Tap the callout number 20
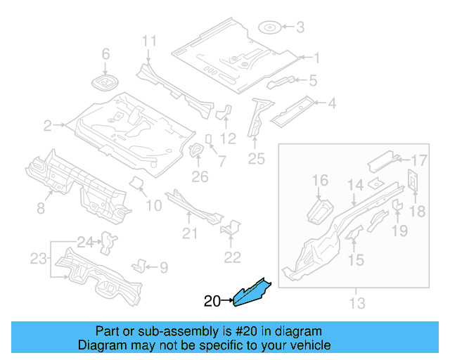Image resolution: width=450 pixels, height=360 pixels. (x=212, y=302)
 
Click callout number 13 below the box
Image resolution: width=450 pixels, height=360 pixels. (x=357, y=303)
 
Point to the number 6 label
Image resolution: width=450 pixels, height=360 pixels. (x=106, y=54)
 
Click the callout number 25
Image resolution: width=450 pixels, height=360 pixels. (x=256, y=159)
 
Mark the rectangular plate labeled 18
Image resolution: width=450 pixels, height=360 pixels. (x=413, y=180)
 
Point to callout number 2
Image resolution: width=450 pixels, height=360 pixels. (x=48, y=127)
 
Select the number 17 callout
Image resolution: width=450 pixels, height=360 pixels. (x=419, y=159)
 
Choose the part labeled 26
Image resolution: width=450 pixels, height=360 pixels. (x=197, y=152)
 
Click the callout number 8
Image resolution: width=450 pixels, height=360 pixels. (x=41, y=208)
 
